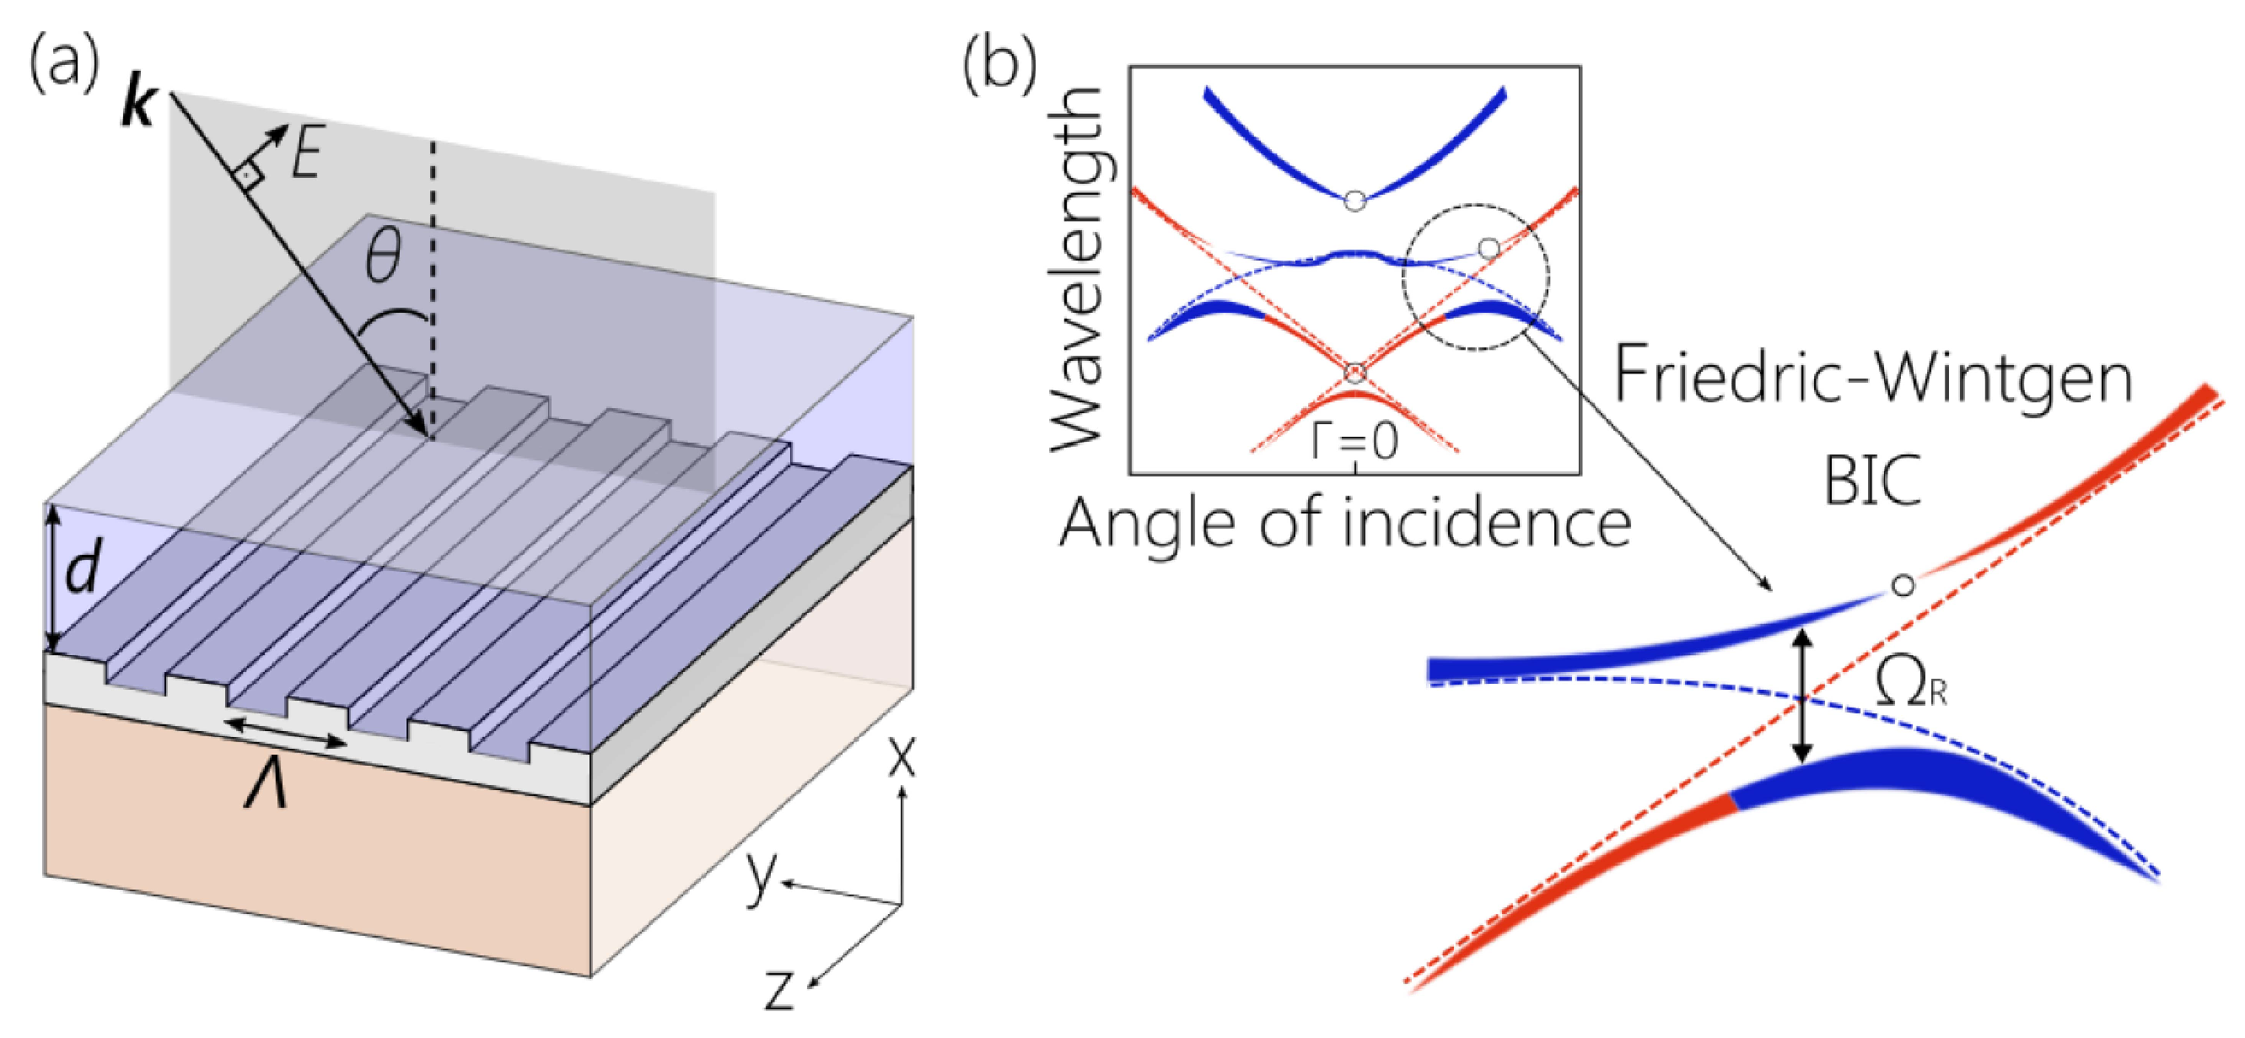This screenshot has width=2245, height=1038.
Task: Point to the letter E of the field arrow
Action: tap(308, 157)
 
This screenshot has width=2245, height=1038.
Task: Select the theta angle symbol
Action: tap(383, 258)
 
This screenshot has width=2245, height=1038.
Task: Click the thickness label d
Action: tap(83, 573)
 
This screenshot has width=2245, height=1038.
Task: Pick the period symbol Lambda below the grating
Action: tap(266, 789)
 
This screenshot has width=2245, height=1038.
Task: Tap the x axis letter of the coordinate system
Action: tap(902, 756)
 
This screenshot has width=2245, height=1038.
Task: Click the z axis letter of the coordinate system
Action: tap(779, 989)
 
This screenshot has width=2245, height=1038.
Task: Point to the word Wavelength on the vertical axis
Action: tap(1077, 270)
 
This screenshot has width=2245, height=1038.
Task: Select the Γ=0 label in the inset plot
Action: tap(1354, 441)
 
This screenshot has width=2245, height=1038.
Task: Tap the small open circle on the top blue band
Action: tap(1354, 202)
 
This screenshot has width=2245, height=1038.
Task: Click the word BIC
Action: tap(1872, 481)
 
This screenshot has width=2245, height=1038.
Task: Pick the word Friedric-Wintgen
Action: tap(1873, 377)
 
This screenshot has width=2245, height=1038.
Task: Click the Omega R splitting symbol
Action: tap(1908, 684)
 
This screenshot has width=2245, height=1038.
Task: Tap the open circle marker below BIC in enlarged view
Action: tap(1903, 585)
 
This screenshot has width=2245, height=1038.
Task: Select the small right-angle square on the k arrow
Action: tap(249, 176)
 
